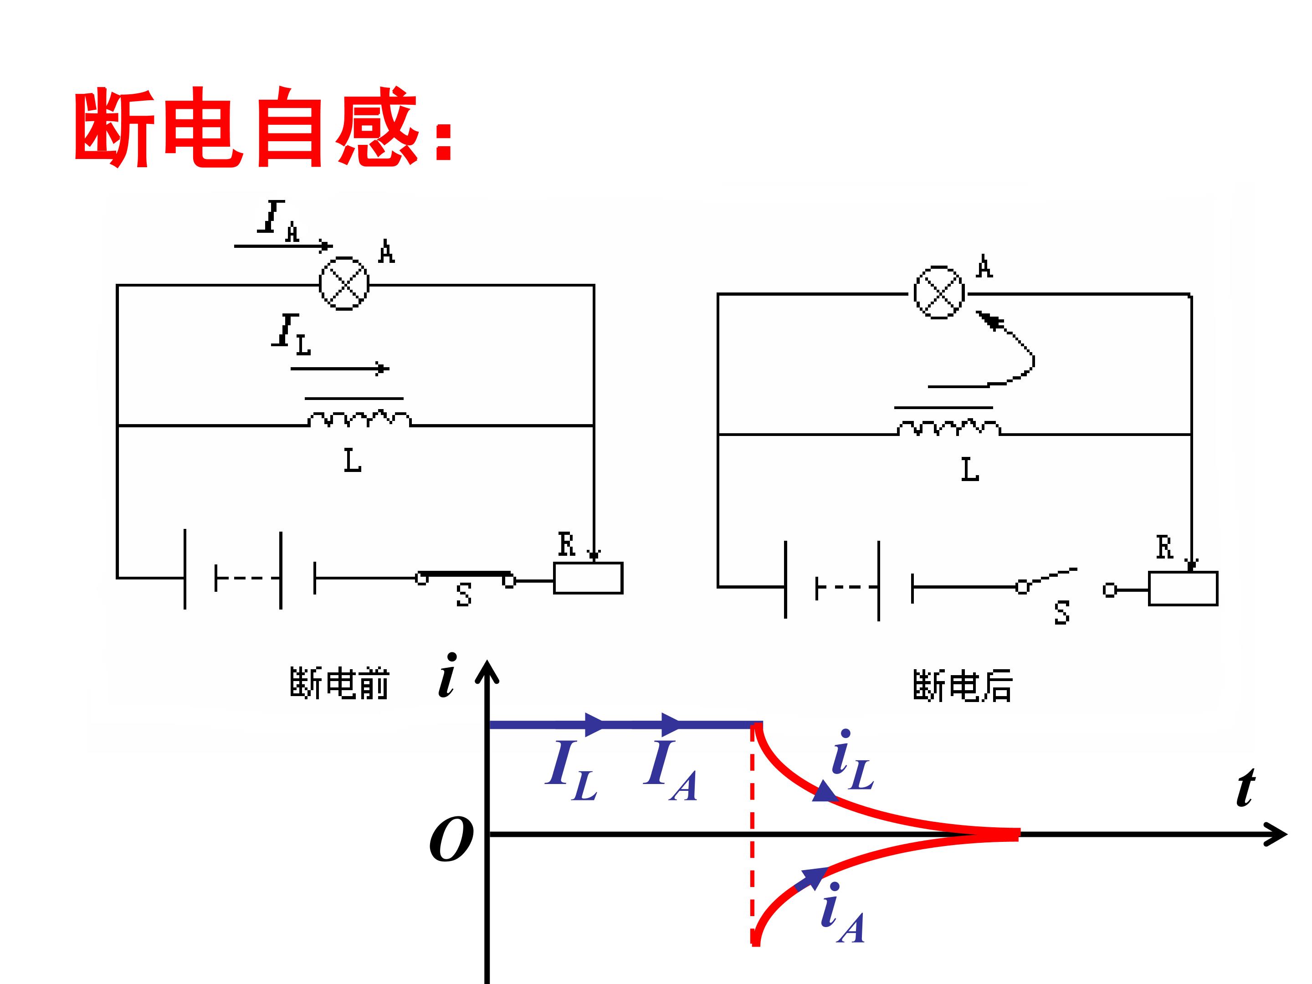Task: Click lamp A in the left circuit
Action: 344,283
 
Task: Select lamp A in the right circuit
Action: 939,293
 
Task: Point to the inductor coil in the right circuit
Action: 948,428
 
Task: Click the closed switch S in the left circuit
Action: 465,578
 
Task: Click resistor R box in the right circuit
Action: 1183,589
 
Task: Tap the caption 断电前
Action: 339,683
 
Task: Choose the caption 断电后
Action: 962,686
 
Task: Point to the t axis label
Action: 1245,787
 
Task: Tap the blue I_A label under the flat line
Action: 670,770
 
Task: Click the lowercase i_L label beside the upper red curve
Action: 852,760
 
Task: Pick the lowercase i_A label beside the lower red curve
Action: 842,913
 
